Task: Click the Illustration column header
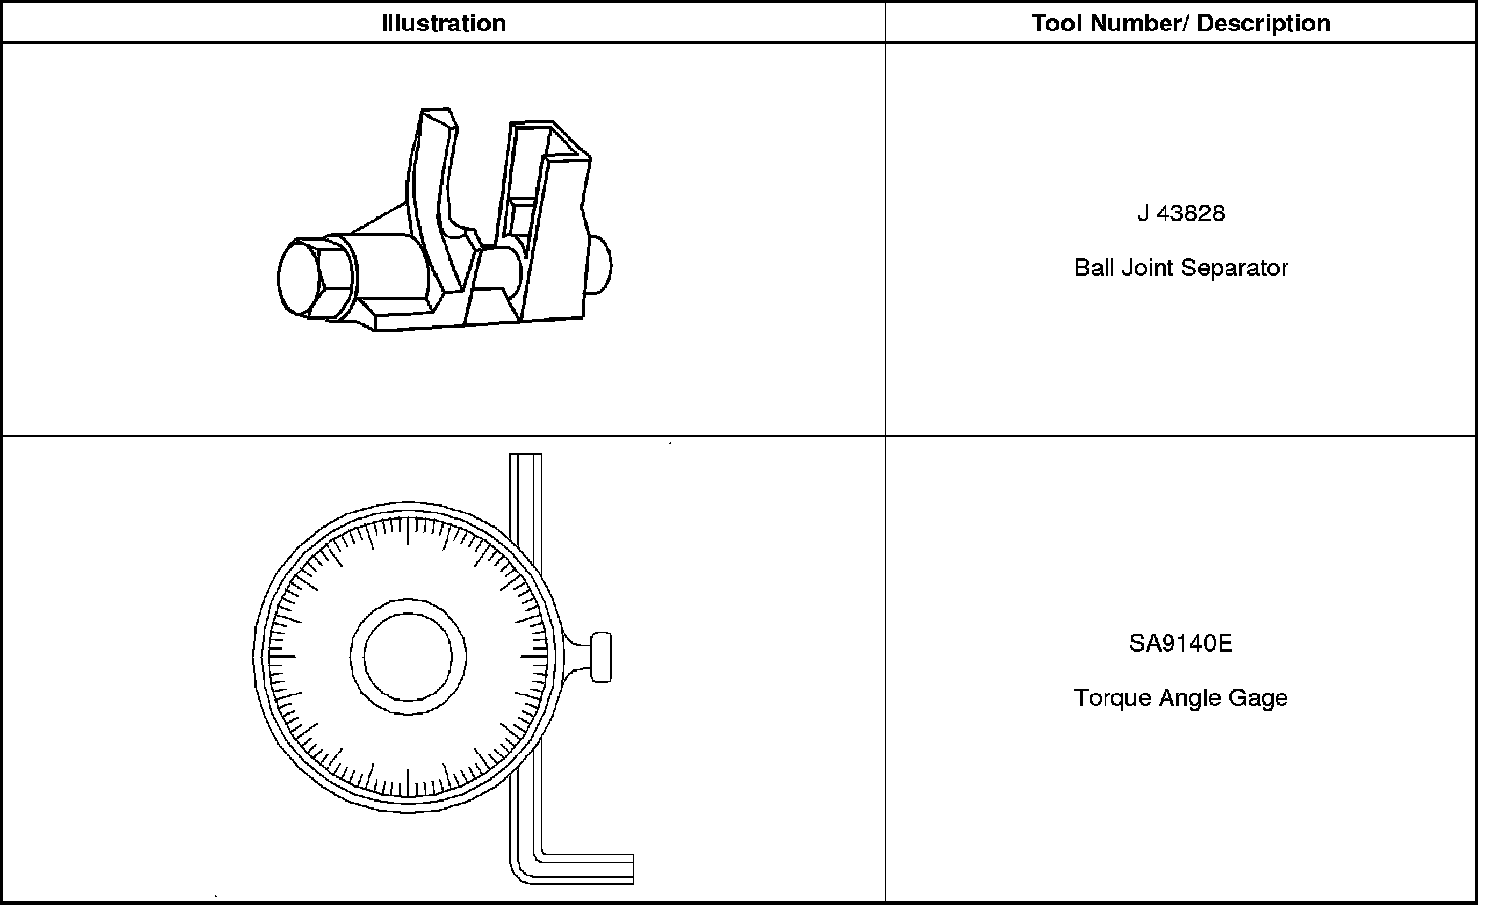[x=443, y=24]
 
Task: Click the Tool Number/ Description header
[x=1180, y=24]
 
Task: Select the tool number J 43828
[x=1180, y=213]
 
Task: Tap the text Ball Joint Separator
[x=1180, y=268]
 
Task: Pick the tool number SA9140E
[x=1180, y=644]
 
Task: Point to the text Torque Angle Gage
[x=1180, y=698]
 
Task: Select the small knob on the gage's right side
[x=599, y=657]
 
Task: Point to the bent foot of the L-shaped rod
[x=585, y=868]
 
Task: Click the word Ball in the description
[x=1094, y=268]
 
